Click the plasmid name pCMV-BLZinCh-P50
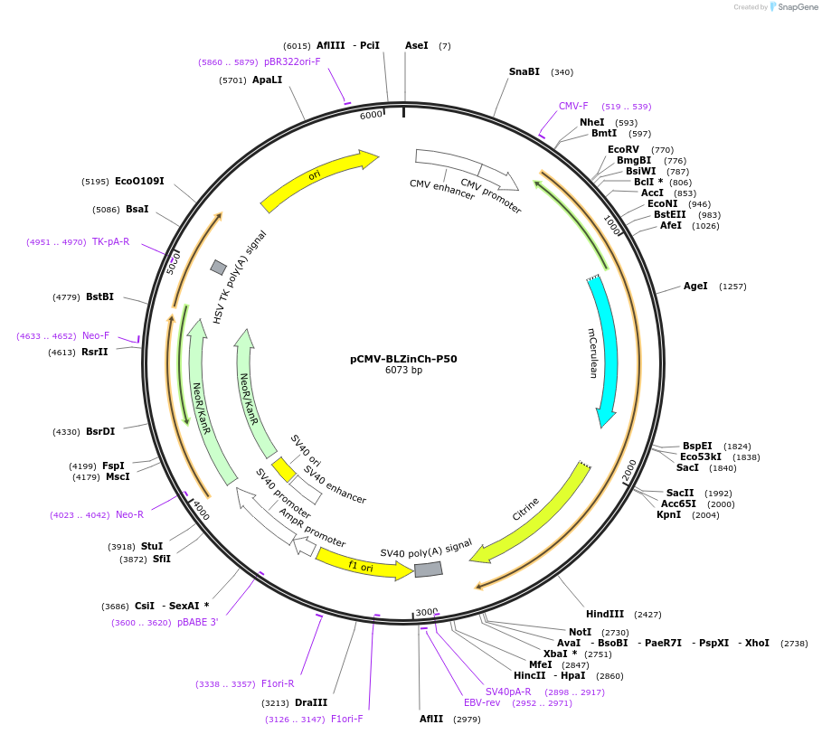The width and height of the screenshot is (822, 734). tap(403, 359)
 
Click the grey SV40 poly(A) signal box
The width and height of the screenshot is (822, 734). tap(428, 569)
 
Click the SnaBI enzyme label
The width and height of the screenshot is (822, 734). tap(524, 72)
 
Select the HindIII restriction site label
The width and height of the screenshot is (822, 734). tap(605, 614)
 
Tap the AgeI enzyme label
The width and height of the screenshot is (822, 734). tap(695, 287)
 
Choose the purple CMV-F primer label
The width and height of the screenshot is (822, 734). tap(573, 106)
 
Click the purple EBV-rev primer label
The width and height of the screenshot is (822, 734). tap(482, 702)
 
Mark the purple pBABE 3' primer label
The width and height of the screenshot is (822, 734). tap(197, 622)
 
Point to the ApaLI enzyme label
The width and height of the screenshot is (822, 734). tap(267, 80)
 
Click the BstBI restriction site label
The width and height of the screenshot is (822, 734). tap(99, 296)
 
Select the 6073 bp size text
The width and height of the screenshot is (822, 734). tap(403, 371)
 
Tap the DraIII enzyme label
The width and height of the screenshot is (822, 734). tap(311, 702)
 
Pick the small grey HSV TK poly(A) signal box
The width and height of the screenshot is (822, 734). tap(218, 267)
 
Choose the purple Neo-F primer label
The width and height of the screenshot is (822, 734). tap(96, 335)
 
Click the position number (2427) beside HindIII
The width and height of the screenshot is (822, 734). tap(648, 614)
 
